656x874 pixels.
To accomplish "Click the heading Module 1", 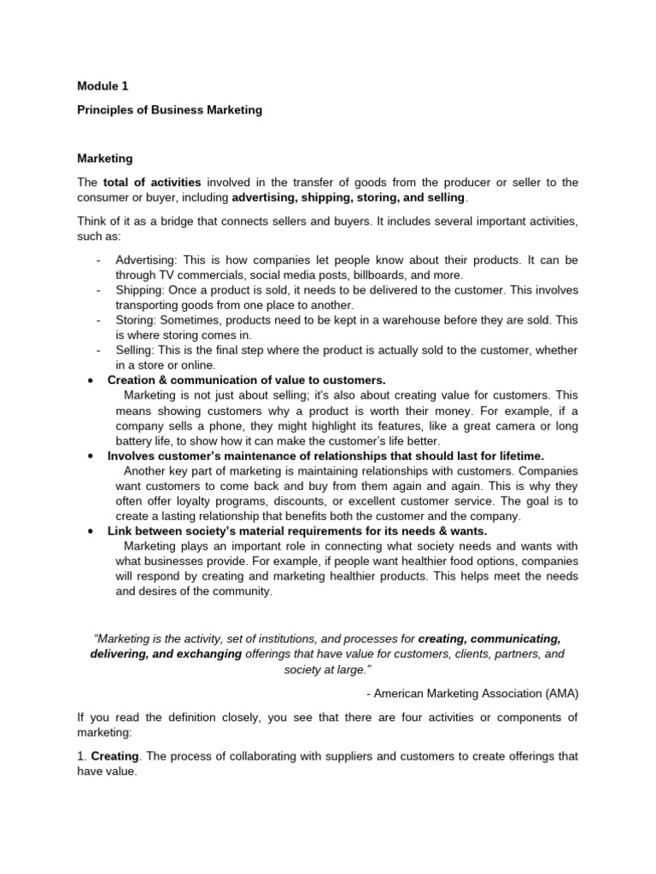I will coord(102,86).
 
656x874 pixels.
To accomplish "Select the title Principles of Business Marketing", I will coord(169,110).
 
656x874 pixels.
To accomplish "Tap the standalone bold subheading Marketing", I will coord(104,158).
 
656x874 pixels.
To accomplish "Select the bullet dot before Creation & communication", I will coord(90,380).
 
